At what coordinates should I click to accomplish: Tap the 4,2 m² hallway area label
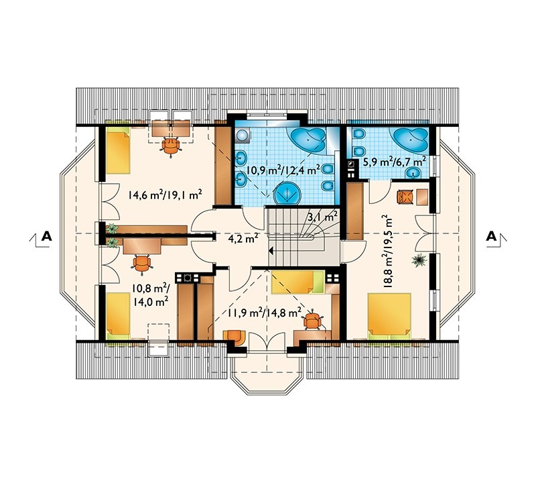coord(243,238)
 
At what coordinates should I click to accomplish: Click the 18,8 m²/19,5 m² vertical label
coord(389,252)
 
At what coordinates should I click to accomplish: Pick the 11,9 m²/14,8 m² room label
coord(263,312)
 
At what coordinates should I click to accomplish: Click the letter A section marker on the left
coord(46,236)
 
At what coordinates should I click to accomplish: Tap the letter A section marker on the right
coord(491,236)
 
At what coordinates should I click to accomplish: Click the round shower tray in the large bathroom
coord(288,193)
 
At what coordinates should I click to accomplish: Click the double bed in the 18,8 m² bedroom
coord(389,316)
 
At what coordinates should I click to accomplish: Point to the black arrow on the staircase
coord(271,251)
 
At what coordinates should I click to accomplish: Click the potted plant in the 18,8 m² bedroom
coord(419,260)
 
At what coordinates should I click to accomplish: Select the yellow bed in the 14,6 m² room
coord(118,151)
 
